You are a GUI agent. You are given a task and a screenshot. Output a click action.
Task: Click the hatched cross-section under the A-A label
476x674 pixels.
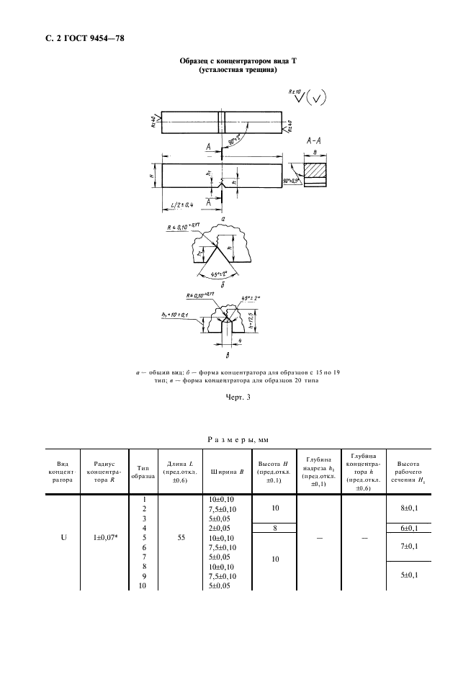pyautogui.click(x=316, y=171)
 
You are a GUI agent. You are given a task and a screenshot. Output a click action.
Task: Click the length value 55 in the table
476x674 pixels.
pyautogui.click(x=180, y=537)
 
